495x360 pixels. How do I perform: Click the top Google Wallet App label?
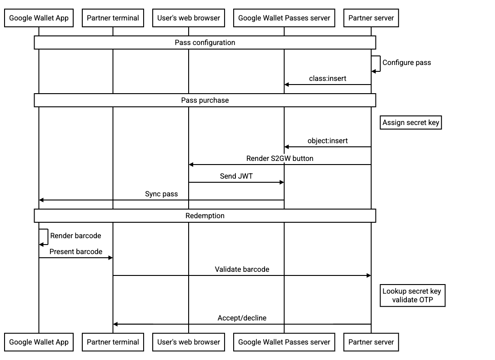pos(39,18)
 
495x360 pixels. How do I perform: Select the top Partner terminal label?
pos(113,18)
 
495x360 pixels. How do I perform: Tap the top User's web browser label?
pos(189,18)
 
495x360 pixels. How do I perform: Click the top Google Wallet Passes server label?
pos(284,18)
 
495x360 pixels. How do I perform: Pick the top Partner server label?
pos(371,18)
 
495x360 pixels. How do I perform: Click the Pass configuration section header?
pos(205,43)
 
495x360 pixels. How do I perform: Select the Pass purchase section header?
pos(205,100)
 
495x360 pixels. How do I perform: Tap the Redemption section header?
pos(205,215)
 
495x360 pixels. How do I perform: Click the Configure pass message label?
pos(406,63)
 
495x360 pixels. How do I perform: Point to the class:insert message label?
pos(327,79)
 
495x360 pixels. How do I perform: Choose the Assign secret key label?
pos(410,123)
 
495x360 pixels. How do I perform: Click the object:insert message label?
pos(327,141)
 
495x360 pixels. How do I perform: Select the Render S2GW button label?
pos(280,159)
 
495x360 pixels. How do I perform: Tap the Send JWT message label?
pos(236,176)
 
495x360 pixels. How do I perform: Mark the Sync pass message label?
pos(161,194)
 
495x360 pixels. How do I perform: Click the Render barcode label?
pos(75,236)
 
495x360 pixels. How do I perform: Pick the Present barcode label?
pos(76,252)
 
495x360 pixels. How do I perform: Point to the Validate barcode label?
pos(242,270)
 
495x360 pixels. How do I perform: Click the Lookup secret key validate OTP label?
pos(412,295)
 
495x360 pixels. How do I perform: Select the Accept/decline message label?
pos(242,318)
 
